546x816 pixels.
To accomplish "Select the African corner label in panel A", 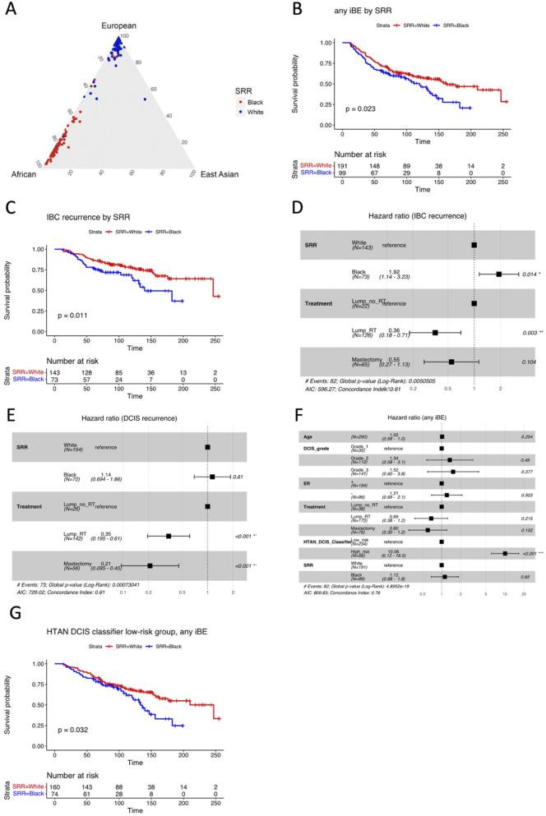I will click(x=18, y=176).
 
